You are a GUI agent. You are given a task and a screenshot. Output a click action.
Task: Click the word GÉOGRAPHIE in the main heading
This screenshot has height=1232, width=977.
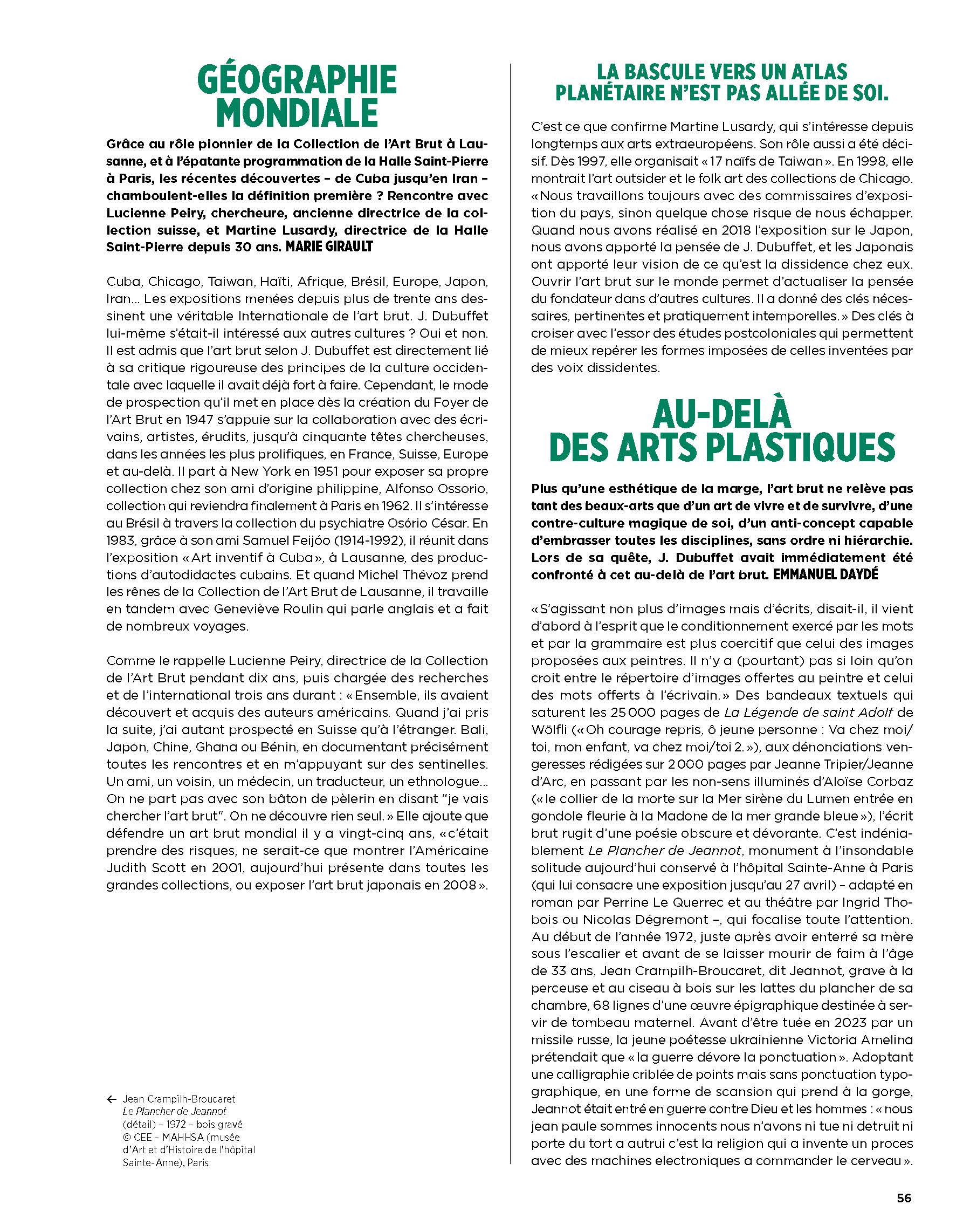[x=297, y=80]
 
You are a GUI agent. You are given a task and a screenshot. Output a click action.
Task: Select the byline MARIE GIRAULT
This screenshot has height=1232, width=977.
[x=329, y=247]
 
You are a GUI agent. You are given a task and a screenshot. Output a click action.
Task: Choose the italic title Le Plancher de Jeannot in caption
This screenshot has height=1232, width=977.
[x=174, y=1111]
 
